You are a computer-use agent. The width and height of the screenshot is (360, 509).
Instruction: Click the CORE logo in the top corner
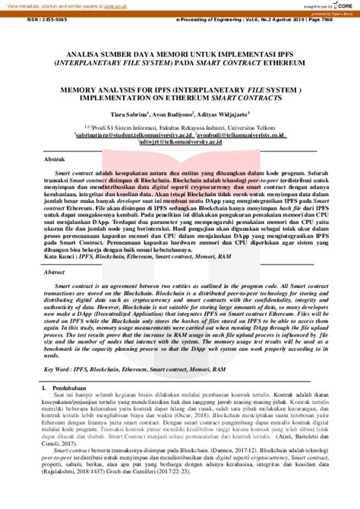(x=338, y=6)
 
